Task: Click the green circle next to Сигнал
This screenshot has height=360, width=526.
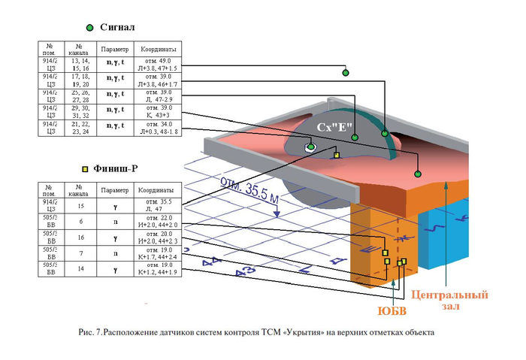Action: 89,28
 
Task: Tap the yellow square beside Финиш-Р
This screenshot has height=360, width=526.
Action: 85,169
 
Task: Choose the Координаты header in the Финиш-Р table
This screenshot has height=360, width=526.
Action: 159,191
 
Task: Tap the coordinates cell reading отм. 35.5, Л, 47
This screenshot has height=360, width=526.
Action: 159,205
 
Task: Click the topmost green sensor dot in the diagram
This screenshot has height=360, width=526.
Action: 346,73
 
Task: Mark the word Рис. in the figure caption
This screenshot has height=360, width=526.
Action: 87,331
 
